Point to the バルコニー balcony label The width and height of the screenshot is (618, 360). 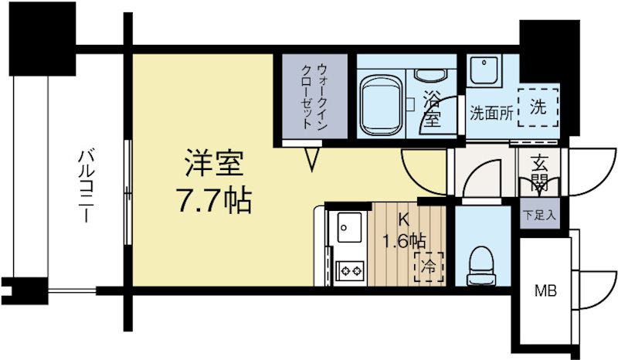pos(85,185)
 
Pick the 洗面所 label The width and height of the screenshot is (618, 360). pos(491,113)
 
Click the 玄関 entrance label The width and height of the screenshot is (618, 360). pos(538,174)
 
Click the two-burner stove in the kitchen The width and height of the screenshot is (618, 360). pos(350,270)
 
